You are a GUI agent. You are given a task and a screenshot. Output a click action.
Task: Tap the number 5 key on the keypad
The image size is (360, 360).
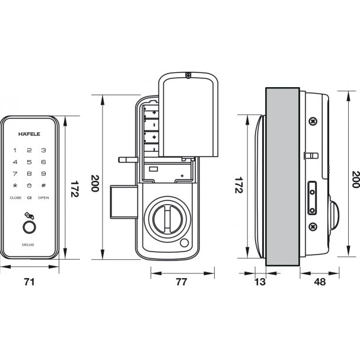tap(29, 161)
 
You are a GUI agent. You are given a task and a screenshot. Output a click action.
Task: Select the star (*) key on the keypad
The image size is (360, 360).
tap(15, 186)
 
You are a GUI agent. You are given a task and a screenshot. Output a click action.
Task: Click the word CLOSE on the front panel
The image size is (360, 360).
tap(15, 197)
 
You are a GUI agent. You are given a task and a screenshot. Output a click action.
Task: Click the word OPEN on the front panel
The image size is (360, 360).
tap(43, 197)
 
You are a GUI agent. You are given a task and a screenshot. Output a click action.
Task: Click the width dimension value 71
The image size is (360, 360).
tap(28, 282)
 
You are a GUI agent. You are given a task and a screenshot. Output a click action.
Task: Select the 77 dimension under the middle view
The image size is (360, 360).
tap(181, 282)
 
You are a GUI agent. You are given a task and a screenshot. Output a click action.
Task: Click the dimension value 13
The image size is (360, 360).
tap(260, 282)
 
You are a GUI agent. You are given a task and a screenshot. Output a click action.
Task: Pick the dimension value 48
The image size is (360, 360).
tap(319, 282)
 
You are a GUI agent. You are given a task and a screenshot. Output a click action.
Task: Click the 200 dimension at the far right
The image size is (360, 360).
tap(355, 179)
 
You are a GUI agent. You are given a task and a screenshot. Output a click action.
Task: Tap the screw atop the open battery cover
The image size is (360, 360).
tap(188, 76)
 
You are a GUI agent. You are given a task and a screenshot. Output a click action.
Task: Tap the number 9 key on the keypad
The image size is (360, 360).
tap(43, 174)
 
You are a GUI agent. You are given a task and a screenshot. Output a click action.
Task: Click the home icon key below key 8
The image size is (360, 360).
tap(29, 186)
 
